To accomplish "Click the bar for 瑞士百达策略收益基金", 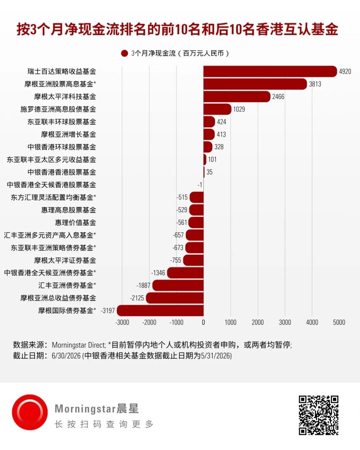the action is pyautogui.click(x=270, y=72).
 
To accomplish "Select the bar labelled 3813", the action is pyautogui.click(x=255, y=84).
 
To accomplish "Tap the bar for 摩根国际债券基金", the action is pyautogui.click(x=160, y=311).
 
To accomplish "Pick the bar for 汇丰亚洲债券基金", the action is pyautogui.click(x=178, y=285).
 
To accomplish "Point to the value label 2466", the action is pyautogui.click(x=278, y=97).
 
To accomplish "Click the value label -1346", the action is pyautogui.click(x=158, y=273).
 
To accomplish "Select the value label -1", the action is pyautogui.click(x=200, y=185).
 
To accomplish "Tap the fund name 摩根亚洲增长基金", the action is pyautogui.click(x=68, y=134).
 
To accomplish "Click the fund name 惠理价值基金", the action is pyautogui.click(x=75, y=222).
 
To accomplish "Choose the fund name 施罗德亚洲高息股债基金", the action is pyautogui.click(x=58, y=109).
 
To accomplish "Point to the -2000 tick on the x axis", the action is pyautogui.click(x=149, y=322).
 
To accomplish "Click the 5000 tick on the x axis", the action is pyautogui.click(x=339, y=322).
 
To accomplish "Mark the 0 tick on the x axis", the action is pyautogui.click(x=203, y=322).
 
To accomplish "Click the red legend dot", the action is pyautogui.click(x=124, y=53).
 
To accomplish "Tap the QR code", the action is pyautogui.click(x=318, y=415).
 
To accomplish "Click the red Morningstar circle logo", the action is pyautogui.click(x=30, y=412).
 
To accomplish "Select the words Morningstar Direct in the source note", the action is pyautogui.click(x=79, y=345).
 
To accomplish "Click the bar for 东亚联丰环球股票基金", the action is pyautogui.click(x=209, y=122).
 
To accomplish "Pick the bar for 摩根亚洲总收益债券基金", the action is pyautogui.click(x=175, y=298).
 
